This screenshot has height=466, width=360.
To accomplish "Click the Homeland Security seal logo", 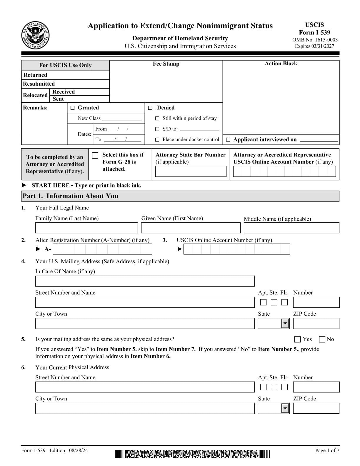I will (x=36, y=36).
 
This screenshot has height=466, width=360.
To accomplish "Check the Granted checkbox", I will (x=73, y=108).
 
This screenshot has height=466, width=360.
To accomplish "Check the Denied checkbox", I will (x=150, y=108).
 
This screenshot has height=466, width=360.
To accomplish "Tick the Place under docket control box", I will (x=157, y=140).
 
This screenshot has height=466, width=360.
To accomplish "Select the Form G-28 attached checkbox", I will (x=95, y=155).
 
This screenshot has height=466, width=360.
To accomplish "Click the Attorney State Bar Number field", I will (x=191, y=171).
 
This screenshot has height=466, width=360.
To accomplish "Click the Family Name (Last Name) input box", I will (x=86, y=228).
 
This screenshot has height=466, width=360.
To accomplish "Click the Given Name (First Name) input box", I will (x=191, y=228).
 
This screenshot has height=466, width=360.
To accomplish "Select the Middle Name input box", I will (x=291, y=228).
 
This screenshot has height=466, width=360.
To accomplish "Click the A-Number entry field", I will (x=102, y=249).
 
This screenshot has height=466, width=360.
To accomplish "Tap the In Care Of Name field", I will (x=145, y=281).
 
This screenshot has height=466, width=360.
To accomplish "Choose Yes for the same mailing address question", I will (x=297, y=339).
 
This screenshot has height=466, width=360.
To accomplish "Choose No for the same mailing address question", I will (x=322, y=339).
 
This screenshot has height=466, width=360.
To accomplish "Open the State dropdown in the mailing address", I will (x=285, y=324).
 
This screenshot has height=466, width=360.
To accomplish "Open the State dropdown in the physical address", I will (x=285, y=408).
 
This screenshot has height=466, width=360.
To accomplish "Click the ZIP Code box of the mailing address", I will (x=316, y=324).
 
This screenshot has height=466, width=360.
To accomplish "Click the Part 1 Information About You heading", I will (x=71, y=196).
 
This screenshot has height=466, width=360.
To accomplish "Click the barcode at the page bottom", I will (x=192, y=454).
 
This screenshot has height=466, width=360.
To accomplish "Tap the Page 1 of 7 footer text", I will (x=327, y=450).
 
